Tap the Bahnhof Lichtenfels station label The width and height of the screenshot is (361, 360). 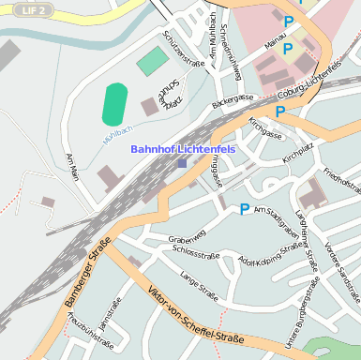[x=183, y=149]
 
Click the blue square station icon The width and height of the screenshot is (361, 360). [x=182, y=162]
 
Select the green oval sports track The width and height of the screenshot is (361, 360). [x=114, y=103]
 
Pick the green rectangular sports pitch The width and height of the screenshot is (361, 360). [x=152, y=62]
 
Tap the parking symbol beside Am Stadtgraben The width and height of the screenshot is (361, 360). [x=245, y=209]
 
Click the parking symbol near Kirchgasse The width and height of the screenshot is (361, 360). [x=279, y=112]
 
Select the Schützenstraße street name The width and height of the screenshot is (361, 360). [x=184, y=48]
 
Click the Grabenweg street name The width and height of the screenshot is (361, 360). [x=188, y=240]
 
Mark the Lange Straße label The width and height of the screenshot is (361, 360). [x=199, y=286]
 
